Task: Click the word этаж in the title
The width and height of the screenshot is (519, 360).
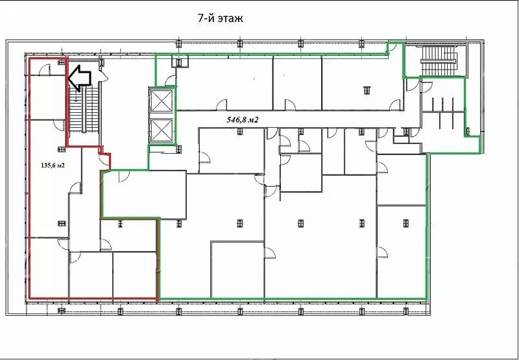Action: pyautogui.click(x=230, y=19)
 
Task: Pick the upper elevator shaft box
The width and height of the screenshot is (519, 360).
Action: pyautogui.click(x=162, y=101)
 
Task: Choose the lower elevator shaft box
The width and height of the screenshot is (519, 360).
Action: pyautogui.click(x=162, y=130)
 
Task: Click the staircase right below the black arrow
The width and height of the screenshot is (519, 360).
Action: pyautogui.click(x=84, y=109)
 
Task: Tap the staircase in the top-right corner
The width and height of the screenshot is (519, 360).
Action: pyautogui.click(x=439, y=61)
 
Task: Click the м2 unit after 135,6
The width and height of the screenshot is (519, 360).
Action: pyautogui.click(x=60, y=165)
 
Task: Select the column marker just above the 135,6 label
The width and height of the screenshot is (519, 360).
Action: pyautogui.click(x=62, y=149)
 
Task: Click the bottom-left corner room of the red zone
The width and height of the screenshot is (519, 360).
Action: pyautogui.click(x=49, y=267)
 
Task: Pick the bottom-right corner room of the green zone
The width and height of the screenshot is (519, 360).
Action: pyautogui.click(x=401, y=252)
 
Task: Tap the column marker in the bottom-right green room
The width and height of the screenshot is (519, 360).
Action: pyautogui.click(x=406, y=223)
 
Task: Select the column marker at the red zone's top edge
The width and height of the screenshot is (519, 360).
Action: pyautogui.click(x=62, y=62)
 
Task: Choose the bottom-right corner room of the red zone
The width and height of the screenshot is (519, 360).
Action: pyautogui.click(x=134, y=274)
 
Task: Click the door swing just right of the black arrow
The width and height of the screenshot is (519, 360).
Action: pyautogui.click(x=104, y=77)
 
